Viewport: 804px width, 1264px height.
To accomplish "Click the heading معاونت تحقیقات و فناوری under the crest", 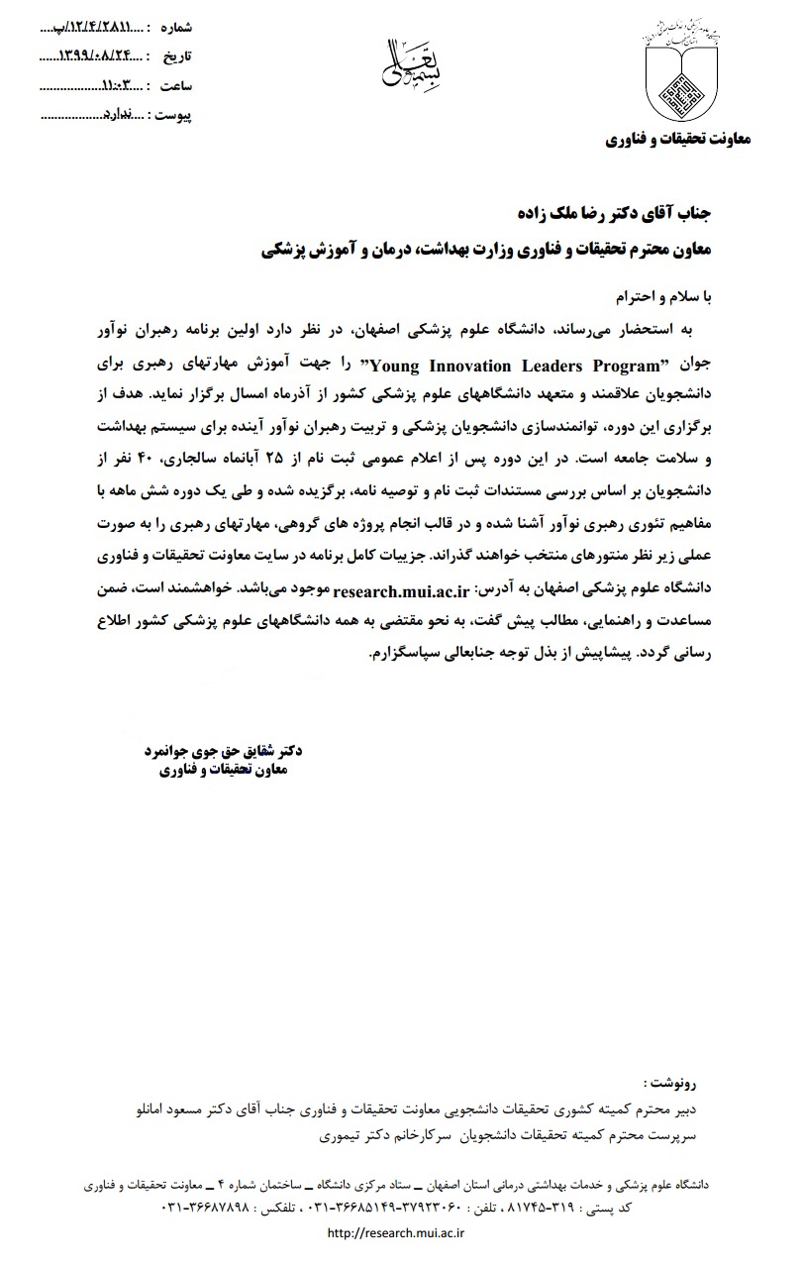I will coord(678,140).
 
